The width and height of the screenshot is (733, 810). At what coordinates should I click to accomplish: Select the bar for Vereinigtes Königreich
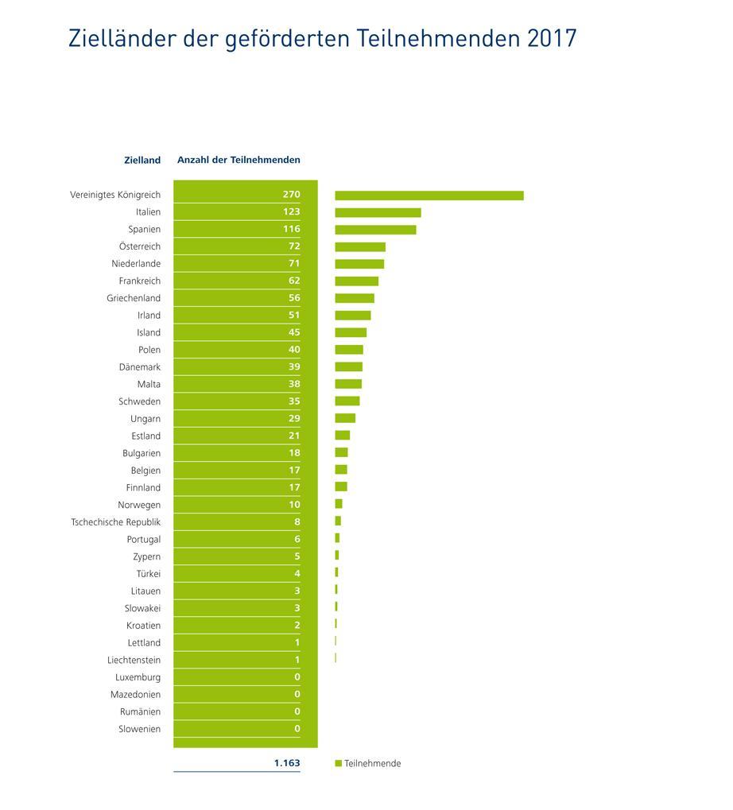(429, 196)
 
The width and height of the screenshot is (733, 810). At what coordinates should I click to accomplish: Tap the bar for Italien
(378, 212)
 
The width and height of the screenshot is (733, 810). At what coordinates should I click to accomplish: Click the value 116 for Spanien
(291, 229)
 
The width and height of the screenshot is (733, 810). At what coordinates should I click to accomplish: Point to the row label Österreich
(139, 246)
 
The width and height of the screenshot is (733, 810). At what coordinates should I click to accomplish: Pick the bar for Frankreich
(356, 281)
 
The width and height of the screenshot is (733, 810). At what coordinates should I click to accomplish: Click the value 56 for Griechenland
(294, 298)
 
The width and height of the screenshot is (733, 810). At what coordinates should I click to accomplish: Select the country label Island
(149, 332)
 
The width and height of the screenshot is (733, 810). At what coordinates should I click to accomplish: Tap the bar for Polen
(349, 350)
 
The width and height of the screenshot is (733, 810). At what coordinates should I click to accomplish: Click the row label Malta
(149, 384)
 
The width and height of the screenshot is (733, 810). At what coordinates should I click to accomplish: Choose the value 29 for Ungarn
(294, 418)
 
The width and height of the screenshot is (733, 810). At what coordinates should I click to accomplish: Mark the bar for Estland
(342, 436)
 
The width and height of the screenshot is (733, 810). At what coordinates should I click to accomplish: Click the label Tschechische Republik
(115, 522)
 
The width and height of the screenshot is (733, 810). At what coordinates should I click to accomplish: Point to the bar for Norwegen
(339, 504)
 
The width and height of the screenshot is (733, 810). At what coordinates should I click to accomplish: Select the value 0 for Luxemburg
(297, 677)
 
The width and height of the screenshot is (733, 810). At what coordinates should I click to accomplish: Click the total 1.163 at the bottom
(287, 763)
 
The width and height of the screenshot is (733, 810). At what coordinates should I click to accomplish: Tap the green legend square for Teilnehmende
(338, 764)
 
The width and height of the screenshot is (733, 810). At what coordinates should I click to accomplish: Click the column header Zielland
(142, 160)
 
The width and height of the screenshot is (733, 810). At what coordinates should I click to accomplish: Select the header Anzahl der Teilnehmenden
(239, 160)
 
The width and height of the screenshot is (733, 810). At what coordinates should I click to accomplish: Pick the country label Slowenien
(139, 729)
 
